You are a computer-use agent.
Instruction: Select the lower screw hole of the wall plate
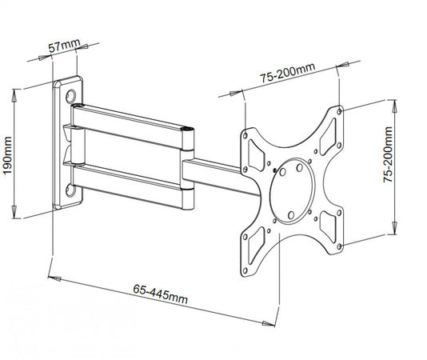pos(74,190)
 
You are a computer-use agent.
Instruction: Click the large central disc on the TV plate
pos(292,191)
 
